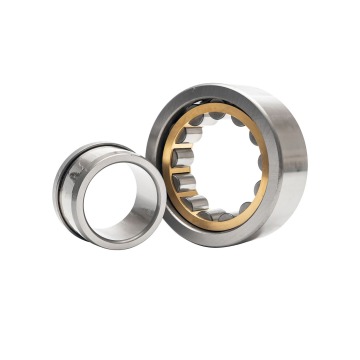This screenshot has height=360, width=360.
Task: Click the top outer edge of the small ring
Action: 95,148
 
